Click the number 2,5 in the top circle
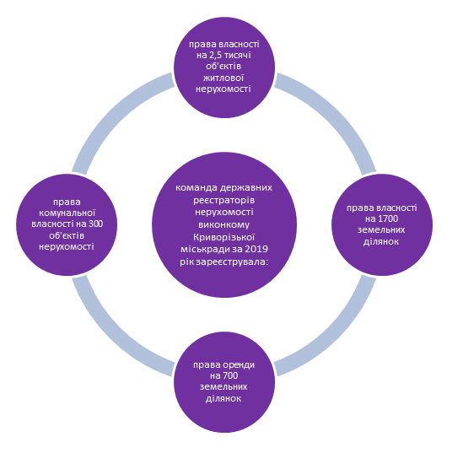[x=217, y=55]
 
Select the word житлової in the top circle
[x=223, y=78]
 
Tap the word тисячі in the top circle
[x=239, y=55]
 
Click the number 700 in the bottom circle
[x=229, y=375]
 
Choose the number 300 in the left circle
[x=95, y=224]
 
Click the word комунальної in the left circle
[x=67, y=213]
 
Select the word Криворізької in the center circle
[x=224, y=237]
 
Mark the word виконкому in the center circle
[x=224, y=224]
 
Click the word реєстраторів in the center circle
[x=224, y=200]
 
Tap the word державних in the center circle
[x=246, y=188]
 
